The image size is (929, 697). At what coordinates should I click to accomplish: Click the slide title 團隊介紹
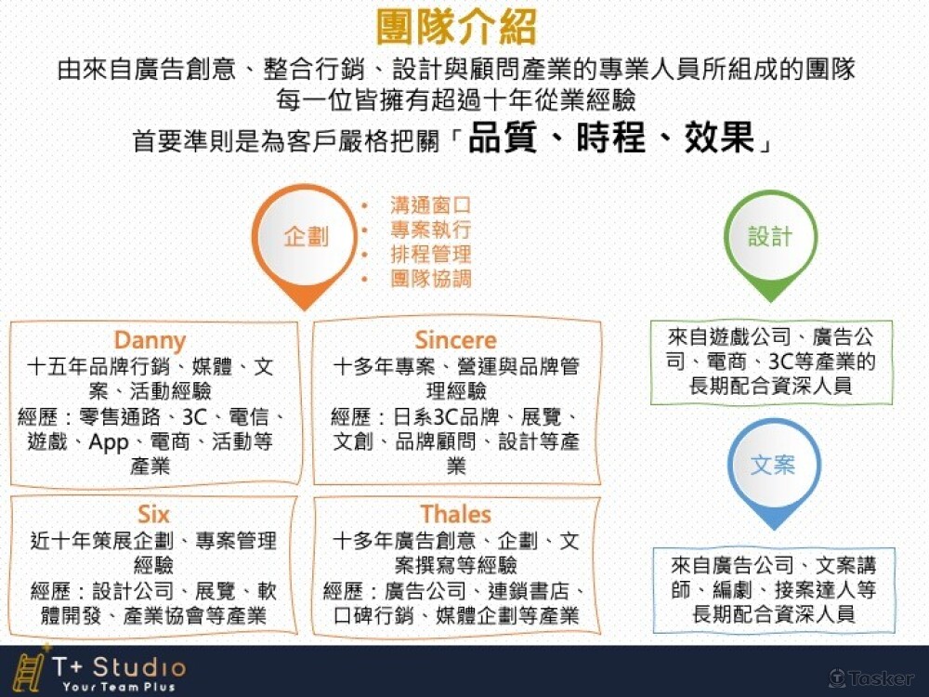[x=457, y=28]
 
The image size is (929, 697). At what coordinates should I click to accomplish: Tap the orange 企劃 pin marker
[x=306, y=237]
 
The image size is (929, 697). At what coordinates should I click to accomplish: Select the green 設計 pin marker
[x=770, y=237]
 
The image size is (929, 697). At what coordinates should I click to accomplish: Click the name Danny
[x=150, y=340]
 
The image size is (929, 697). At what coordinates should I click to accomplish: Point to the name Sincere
[x=455, y=340]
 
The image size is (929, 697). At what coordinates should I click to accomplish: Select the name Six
[x=153, y=514]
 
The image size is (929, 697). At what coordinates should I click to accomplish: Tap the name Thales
[x=455, y=514]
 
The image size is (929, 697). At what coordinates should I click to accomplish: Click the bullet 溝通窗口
[x=430, y=205]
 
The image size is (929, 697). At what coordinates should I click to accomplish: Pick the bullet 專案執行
[x=430, y=230]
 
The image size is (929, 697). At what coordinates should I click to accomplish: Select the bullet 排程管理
[x=430, y=254]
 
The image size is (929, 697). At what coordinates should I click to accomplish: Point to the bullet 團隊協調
[x=430, y=278]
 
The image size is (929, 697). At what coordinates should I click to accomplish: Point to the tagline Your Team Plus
[x=119, y=687]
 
